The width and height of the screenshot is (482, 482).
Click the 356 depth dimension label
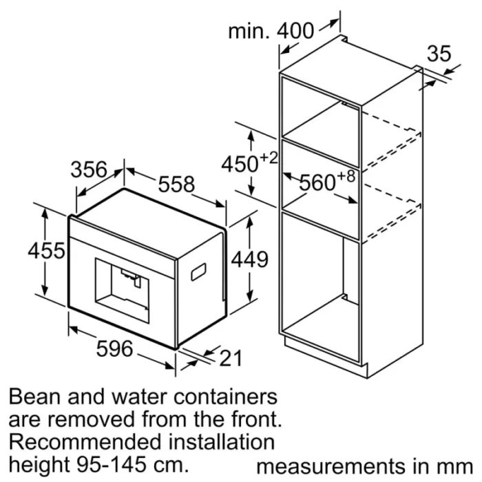click(x=89, y=169)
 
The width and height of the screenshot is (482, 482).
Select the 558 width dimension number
click(x=176, y=184)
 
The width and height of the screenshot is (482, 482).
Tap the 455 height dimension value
click(x=46, y=251)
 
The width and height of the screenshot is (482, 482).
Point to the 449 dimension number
click(x=249, y=260)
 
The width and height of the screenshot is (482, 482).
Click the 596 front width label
click(x=115, y=348)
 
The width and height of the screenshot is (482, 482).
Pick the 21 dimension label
click(x=231, y=358)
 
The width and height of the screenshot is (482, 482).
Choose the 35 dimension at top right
click(x=439, y=54)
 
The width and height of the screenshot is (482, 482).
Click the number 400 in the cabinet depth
click(x=295, y=31)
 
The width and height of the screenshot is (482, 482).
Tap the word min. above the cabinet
click(x=249, y=31)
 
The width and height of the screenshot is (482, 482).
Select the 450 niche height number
click(x=240, y=164)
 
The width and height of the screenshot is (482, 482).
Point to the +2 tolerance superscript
click(x=269, y=158)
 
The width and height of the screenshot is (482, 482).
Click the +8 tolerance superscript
click(x=346, y=176)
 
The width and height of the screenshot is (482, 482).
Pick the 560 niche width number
click(x=317, y=183)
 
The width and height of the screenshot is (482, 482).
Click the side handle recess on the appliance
click(x=198, y=273)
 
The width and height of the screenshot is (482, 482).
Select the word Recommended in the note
click(x=85, y=442)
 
